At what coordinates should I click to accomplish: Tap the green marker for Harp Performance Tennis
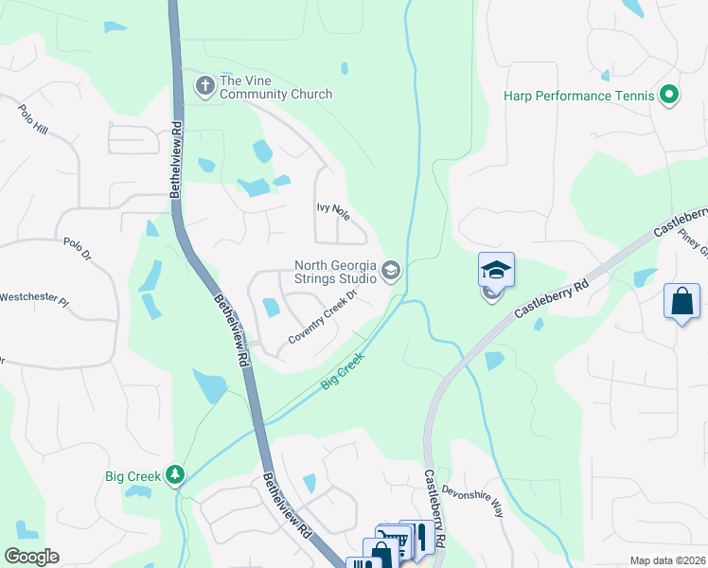click(x=669, y=95)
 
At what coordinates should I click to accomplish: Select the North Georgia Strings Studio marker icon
click(x=390, y=273)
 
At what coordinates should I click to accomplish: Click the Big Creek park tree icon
click(x=174, y=473)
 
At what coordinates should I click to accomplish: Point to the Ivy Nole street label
click(x=333, y=210)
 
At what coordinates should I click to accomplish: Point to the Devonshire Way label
click(x=472, y=499)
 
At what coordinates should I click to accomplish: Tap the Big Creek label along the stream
click(x=343, y=370)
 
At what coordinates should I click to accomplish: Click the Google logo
click(x=31, y=557)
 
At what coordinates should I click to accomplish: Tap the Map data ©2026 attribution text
click(x=667, y=560)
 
